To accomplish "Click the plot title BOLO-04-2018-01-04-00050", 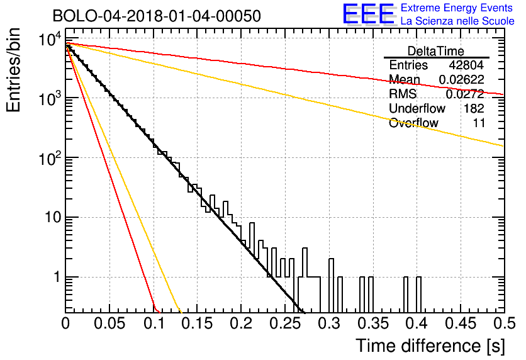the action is coord(157,16).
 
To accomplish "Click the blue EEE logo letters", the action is coord(369,14).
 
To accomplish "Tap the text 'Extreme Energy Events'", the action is coord(457,8).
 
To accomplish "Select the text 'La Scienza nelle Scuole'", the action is coord(457,21).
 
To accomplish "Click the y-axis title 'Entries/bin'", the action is coord(13,70).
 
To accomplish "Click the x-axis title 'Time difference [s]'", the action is coord(430,346).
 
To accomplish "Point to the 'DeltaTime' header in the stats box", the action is coord(436,51).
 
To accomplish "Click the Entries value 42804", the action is coord(466,65).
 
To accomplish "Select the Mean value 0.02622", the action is coord(462,79).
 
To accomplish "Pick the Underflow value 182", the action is coord(474,108).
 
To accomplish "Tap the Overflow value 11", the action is coord(479,123).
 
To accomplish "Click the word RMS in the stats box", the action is coord(403,94).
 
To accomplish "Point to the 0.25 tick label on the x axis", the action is coord(286,323).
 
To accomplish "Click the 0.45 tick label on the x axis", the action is coord(461,323).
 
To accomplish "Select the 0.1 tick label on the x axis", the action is coord(154,323).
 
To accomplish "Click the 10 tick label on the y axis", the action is coord(53,217).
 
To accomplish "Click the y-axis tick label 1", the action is coord(57,278).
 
